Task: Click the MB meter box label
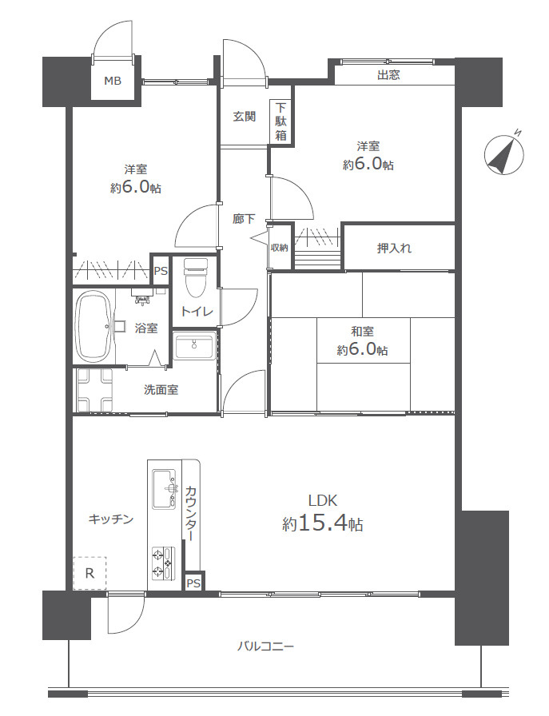113,82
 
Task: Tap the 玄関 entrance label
245,117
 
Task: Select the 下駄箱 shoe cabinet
280,122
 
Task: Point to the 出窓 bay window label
388,75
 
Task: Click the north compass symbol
504,154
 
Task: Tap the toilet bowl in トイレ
195,276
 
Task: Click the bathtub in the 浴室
93,327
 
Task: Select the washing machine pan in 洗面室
94,389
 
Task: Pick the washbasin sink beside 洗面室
194,347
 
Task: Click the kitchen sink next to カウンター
165,488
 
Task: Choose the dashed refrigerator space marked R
90,573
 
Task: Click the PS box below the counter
193,581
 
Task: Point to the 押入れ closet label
394,248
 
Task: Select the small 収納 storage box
280,246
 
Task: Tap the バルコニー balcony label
265,646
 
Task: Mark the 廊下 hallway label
244,219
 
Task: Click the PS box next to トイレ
161,271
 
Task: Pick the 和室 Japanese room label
362,332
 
